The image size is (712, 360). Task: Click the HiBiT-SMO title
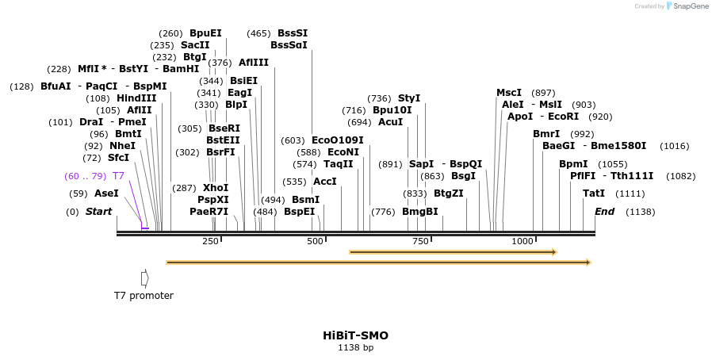coord(355,335)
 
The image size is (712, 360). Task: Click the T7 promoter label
coord(144,296)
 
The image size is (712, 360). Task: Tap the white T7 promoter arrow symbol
coord(144,278)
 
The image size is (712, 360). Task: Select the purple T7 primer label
coord(118,176)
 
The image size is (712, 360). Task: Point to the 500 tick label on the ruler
coord(315,241)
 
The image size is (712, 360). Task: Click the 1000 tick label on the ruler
coord(522,241)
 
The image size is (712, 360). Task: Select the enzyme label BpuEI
coord(205,33)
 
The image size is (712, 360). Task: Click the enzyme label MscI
coord(509,93)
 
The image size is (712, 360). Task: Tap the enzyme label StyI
coord(409,98)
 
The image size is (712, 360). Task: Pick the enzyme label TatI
coord(594,193)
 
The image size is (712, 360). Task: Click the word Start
coord(98,212)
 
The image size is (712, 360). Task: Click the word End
coord(604,212)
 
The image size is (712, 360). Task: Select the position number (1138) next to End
coord(640,212)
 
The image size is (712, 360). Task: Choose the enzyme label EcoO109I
coord(338,140)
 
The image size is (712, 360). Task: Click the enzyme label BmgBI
coord(419,212)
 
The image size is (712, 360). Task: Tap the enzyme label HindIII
coord(136,98)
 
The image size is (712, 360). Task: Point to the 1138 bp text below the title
coord(355,347)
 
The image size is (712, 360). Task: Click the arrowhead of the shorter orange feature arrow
coord(554,252)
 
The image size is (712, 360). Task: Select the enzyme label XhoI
coord(216,188)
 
